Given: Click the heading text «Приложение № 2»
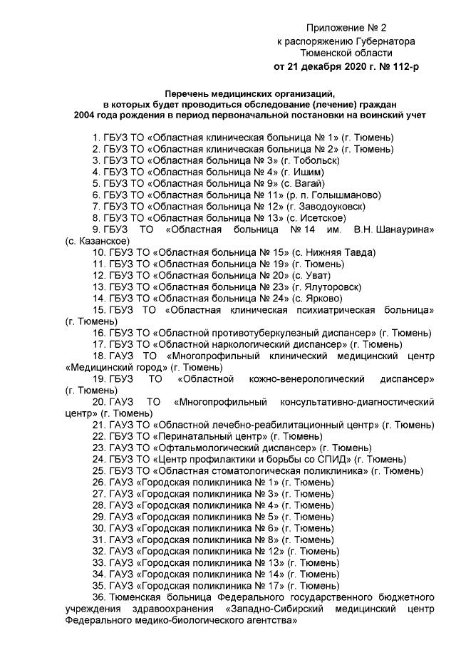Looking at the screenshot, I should coord(346,29).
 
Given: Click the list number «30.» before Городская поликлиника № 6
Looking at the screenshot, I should coord(100,528).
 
